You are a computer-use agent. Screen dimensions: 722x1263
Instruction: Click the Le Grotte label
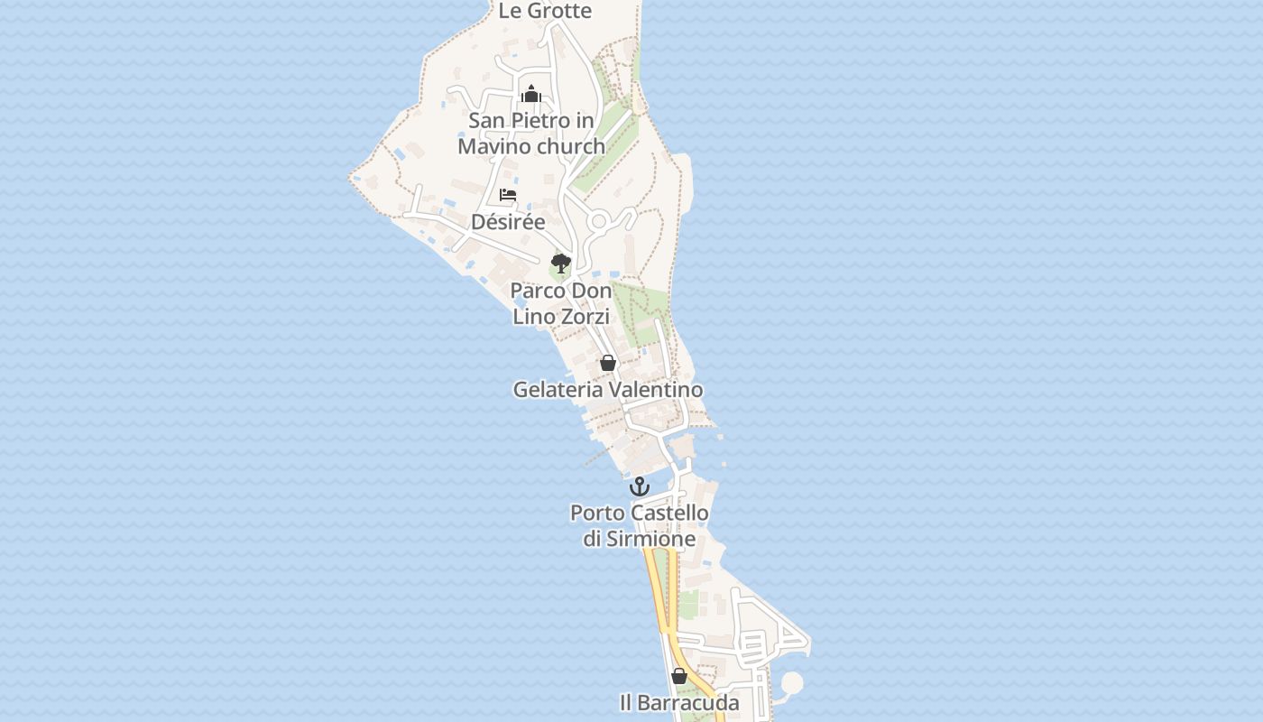point(545,11)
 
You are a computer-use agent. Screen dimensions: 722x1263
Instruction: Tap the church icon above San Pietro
point(531,93)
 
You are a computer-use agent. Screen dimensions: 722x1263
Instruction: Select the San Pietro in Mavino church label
point(531,133)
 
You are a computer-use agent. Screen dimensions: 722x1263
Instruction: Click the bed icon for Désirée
point(508,195)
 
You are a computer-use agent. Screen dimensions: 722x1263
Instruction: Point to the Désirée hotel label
point(508,222)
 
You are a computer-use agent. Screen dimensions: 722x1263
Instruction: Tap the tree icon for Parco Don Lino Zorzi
point(561,264)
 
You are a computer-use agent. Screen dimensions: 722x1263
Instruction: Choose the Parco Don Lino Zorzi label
point(561,303)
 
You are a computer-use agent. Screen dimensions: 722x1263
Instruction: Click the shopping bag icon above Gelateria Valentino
point(608,363)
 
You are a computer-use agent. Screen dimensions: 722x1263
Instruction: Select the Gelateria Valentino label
point(608,390)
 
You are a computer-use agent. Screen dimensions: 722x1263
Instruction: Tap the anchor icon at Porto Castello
point(640,486)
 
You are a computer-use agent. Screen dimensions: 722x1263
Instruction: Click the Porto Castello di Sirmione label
point(640,525)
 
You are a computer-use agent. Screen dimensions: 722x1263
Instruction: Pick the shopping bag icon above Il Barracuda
point(679,675)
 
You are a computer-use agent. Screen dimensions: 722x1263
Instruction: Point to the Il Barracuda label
point(679,702)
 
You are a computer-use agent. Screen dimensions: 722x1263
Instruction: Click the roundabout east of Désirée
point(598,220)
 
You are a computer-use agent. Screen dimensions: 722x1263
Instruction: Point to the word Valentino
point(655,390)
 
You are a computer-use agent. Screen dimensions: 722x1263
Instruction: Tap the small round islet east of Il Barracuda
point(791,683)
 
